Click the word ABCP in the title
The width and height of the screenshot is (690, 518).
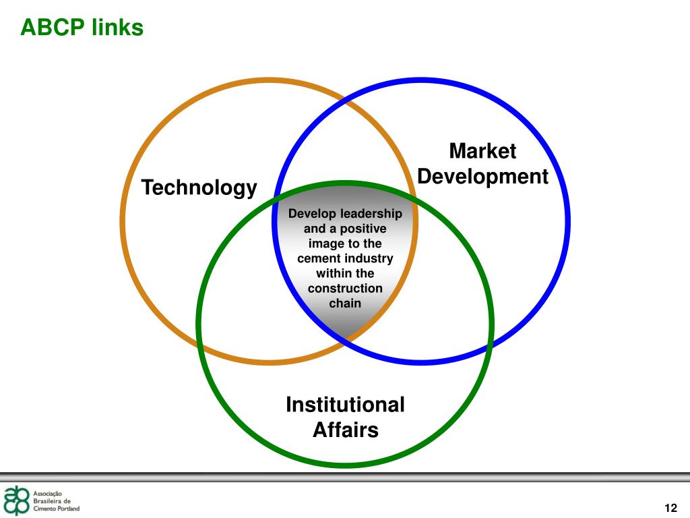(53, 27)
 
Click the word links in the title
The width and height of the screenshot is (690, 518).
(118, 27)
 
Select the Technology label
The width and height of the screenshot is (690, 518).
(199, 188)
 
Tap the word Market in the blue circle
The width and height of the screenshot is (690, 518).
(482, 151)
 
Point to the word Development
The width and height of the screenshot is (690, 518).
(482, 177)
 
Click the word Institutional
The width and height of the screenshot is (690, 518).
(345, 405)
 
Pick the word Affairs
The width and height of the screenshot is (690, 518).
(346, 430)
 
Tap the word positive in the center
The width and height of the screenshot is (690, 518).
(363, 229)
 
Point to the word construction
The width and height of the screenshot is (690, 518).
(345, 289)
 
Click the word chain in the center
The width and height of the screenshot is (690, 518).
(345, 303)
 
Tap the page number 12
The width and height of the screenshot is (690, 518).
(670, 508)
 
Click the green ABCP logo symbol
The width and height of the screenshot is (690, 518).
(16, 500)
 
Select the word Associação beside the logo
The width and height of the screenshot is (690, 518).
(48, 494)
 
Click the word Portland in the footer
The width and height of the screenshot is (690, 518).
(68, 509)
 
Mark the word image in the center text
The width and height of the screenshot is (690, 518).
(323, 244)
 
